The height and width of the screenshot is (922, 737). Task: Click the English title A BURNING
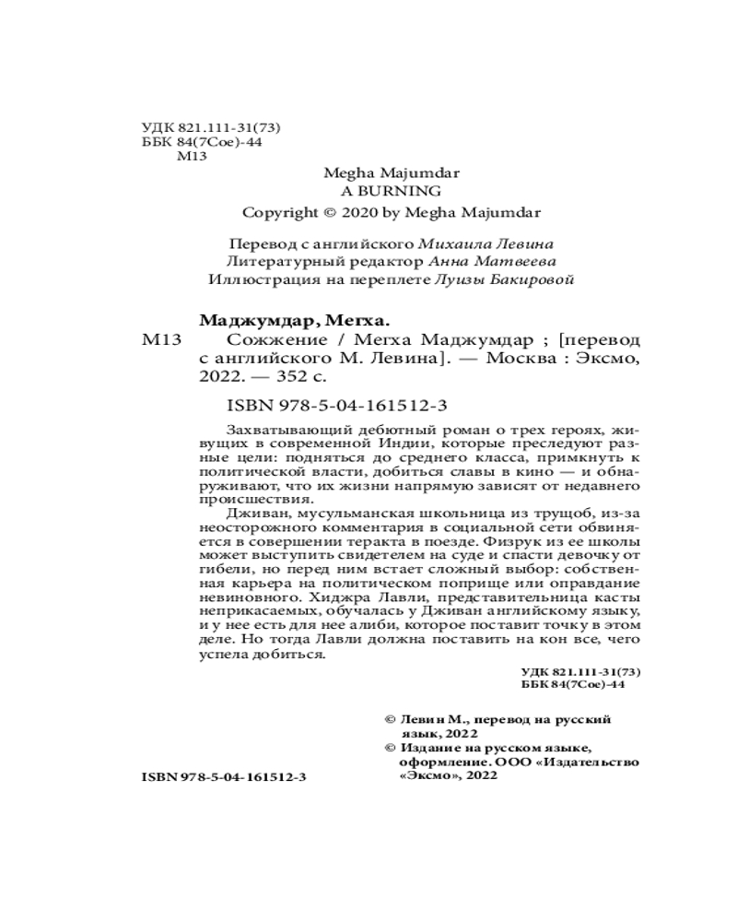click(x=392, y=191)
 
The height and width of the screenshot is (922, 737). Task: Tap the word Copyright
click(x=279, y=211)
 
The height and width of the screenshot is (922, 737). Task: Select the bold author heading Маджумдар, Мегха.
click(x=295, y=321)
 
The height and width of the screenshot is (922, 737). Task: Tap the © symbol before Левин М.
click(x=389, y=717)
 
